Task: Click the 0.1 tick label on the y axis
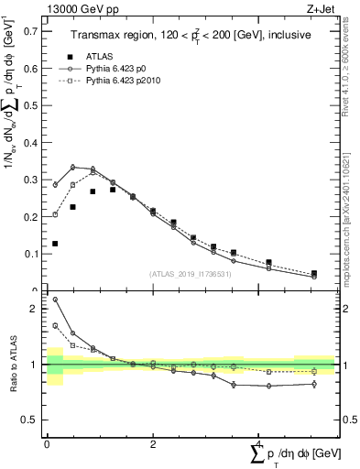34,254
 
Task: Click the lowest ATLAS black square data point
56,244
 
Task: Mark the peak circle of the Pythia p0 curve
73,167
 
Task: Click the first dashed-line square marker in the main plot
56,214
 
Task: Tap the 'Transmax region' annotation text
111,33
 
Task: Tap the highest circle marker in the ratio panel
56,299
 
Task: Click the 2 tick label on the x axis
152,442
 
